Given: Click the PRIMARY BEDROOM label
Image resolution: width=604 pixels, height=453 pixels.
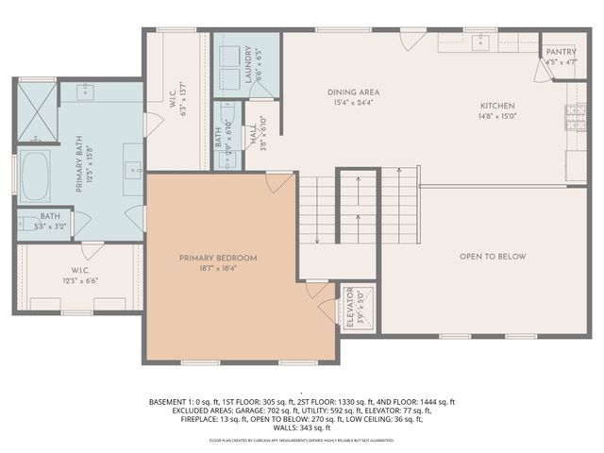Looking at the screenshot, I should [x=218, y=258].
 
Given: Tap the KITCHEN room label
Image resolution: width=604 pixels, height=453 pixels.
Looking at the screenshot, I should [x=497, y=106].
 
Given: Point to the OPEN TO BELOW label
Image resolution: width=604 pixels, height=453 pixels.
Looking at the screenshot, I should [x=493, y=257].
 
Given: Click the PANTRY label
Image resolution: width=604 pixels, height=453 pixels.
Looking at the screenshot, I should [x=561, y=52].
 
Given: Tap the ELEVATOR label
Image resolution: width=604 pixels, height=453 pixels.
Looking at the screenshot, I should [x=349, y=307].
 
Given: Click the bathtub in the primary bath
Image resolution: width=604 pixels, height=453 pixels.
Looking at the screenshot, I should [x=35, y=176].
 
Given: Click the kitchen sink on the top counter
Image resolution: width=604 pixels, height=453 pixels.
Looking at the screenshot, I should [x=483, y=41].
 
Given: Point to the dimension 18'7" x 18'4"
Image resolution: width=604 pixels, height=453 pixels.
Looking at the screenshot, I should [x=218, y=268].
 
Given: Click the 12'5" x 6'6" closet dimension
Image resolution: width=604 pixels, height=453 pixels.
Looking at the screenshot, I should [x=80, y=280].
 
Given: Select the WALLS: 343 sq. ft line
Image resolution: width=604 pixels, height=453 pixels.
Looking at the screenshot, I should [x=301, y=428].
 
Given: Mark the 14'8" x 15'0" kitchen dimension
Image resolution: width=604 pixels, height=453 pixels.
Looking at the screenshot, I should [x=497, y=116].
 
